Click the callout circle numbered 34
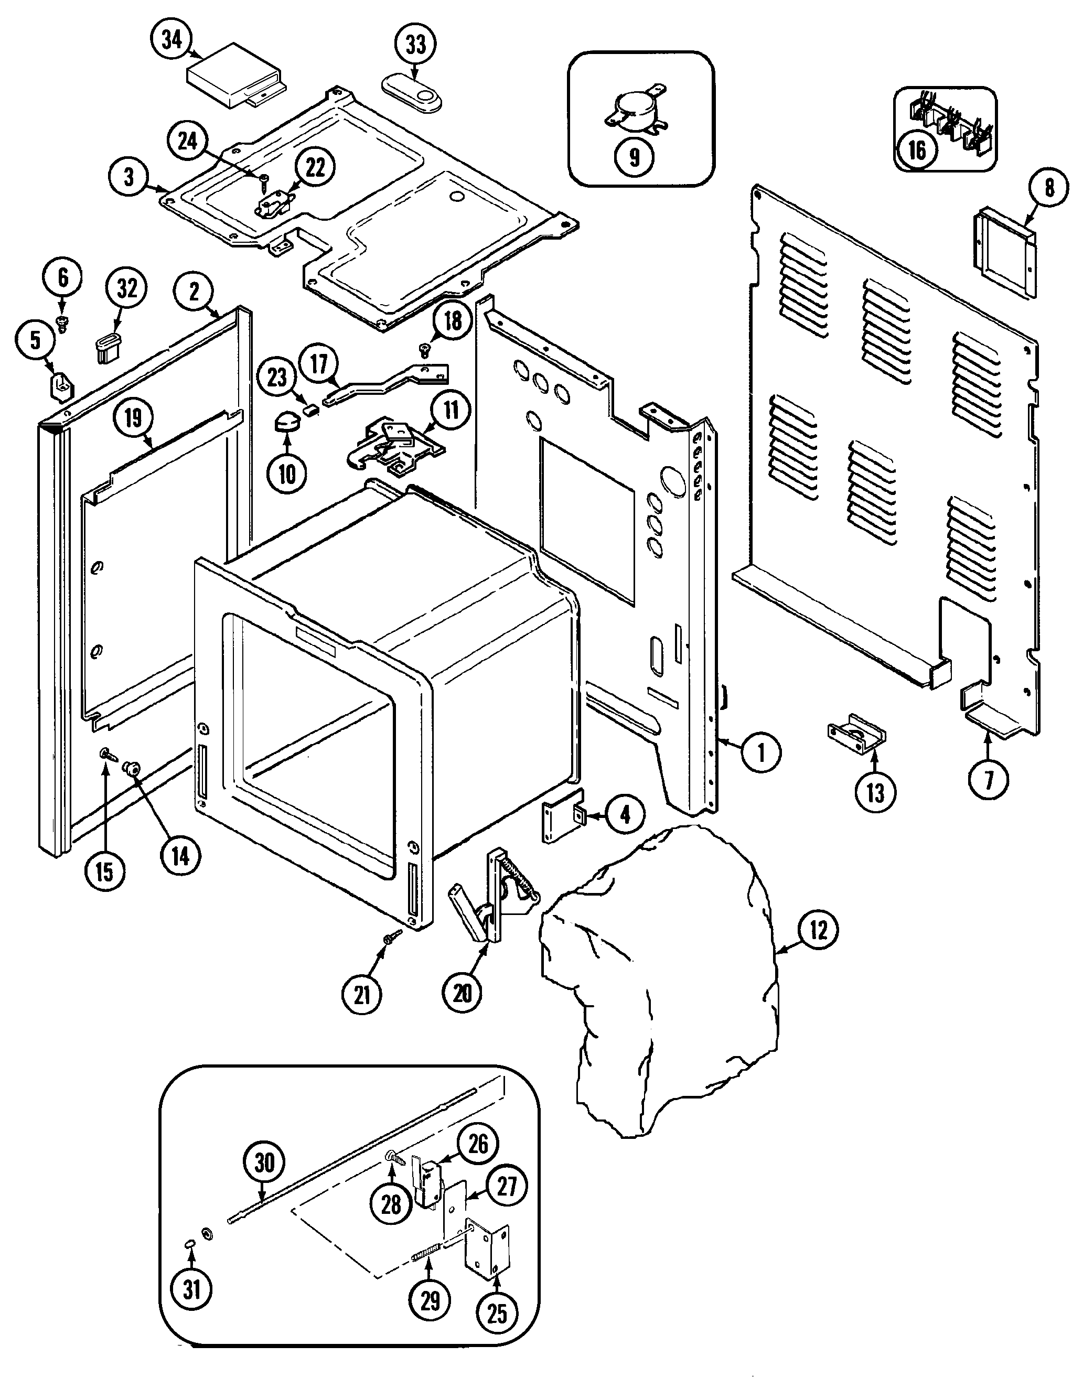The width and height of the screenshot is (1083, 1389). pyautogui.click(x=171, y=39)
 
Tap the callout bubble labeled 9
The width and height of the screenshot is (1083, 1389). pyautogui.click(x=634, y=156)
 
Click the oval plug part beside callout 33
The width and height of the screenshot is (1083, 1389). pyautogui.click(x=413, y=92)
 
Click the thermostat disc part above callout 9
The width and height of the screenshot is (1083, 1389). pyautogui.click(x=634, y=110)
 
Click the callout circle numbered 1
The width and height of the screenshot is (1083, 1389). pyautogui.click(x=760, y=752)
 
